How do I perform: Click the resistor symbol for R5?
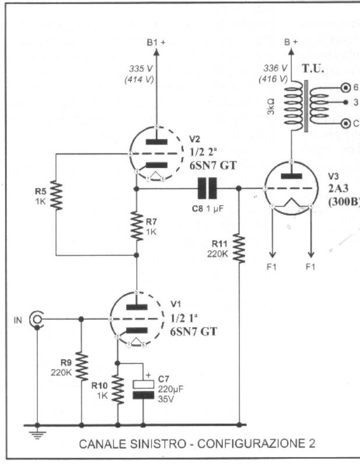[x=56, y=195]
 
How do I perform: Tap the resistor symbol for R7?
[x=136, y=225]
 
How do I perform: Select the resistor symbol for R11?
[x=239, y=248]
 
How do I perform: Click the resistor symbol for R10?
[x=118, y=389]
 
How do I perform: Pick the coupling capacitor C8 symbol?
[x=207, y=189]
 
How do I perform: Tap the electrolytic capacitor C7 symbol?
[x=143, y=389]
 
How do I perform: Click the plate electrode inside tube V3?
[x=290, y=175]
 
